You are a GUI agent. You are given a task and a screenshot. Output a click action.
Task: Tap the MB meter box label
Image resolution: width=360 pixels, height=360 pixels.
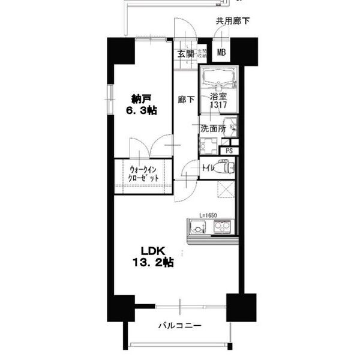(221, 53)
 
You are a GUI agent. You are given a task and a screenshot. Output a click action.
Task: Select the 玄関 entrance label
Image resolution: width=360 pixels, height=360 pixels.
(185, 53)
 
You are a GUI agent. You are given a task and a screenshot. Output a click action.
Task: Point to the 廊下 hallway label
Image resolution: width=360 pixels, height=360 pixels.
(185, 99)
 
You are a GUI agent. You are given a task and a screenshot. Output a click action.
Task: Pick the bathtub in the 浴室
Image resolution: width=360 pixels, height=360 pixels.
(218, 79)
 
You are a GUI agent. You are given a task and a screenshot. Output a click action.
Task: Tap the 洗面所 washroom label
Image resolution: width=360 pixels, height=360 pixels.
(212, 128)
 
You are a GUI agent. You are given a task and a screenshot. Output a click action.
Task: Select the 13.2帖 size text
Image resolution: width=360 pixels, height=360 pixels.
(153, 262)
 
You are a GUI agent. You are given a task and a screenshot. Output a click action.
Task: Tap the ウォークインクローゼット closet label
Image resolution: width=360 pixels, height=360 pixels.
(144, 174)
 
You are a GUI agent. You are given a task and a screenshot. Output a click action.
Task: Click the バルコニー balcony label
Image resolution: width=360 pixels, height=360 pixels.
(179, 326)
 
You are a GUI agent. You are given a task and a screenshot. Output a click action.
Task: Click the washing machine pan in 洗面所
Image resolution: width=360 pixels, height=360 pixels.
(208, 145)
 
